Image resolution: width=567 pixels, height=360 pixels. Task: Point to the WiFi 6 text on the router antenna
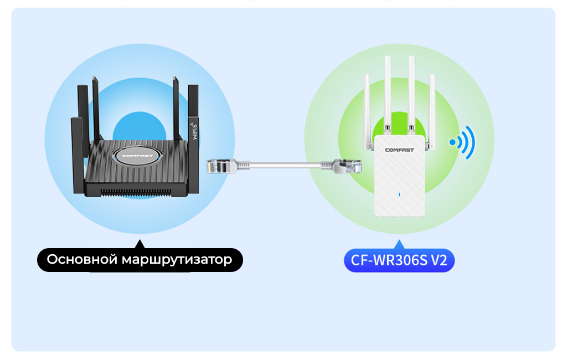click(194, 128)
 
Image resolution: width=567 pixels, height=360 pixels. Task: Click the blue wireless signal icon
click(463, 142)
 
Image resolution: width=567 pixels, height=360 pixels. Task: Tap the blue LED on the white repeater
click(399, 194)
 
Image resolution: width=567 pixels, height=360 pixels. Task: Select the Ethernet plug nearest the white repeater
click(346, 164)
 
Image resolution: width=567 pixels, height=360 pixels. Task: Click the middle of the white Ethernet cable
click(282, 164)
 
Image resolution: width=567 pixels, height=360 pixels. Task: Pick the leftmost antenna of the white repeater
click(367, 111)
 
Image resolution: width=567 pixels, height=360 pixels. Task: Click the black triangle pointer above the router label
click(139, 244)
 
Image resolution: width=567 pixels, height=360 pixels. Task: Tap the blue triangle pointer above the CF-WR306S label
click(399, 244)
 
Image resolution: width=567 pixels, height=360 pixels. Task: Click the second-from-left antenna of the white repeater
click(388, 94)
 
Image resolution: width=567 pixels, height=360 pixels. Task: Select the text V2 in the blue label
click(439, 260)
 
